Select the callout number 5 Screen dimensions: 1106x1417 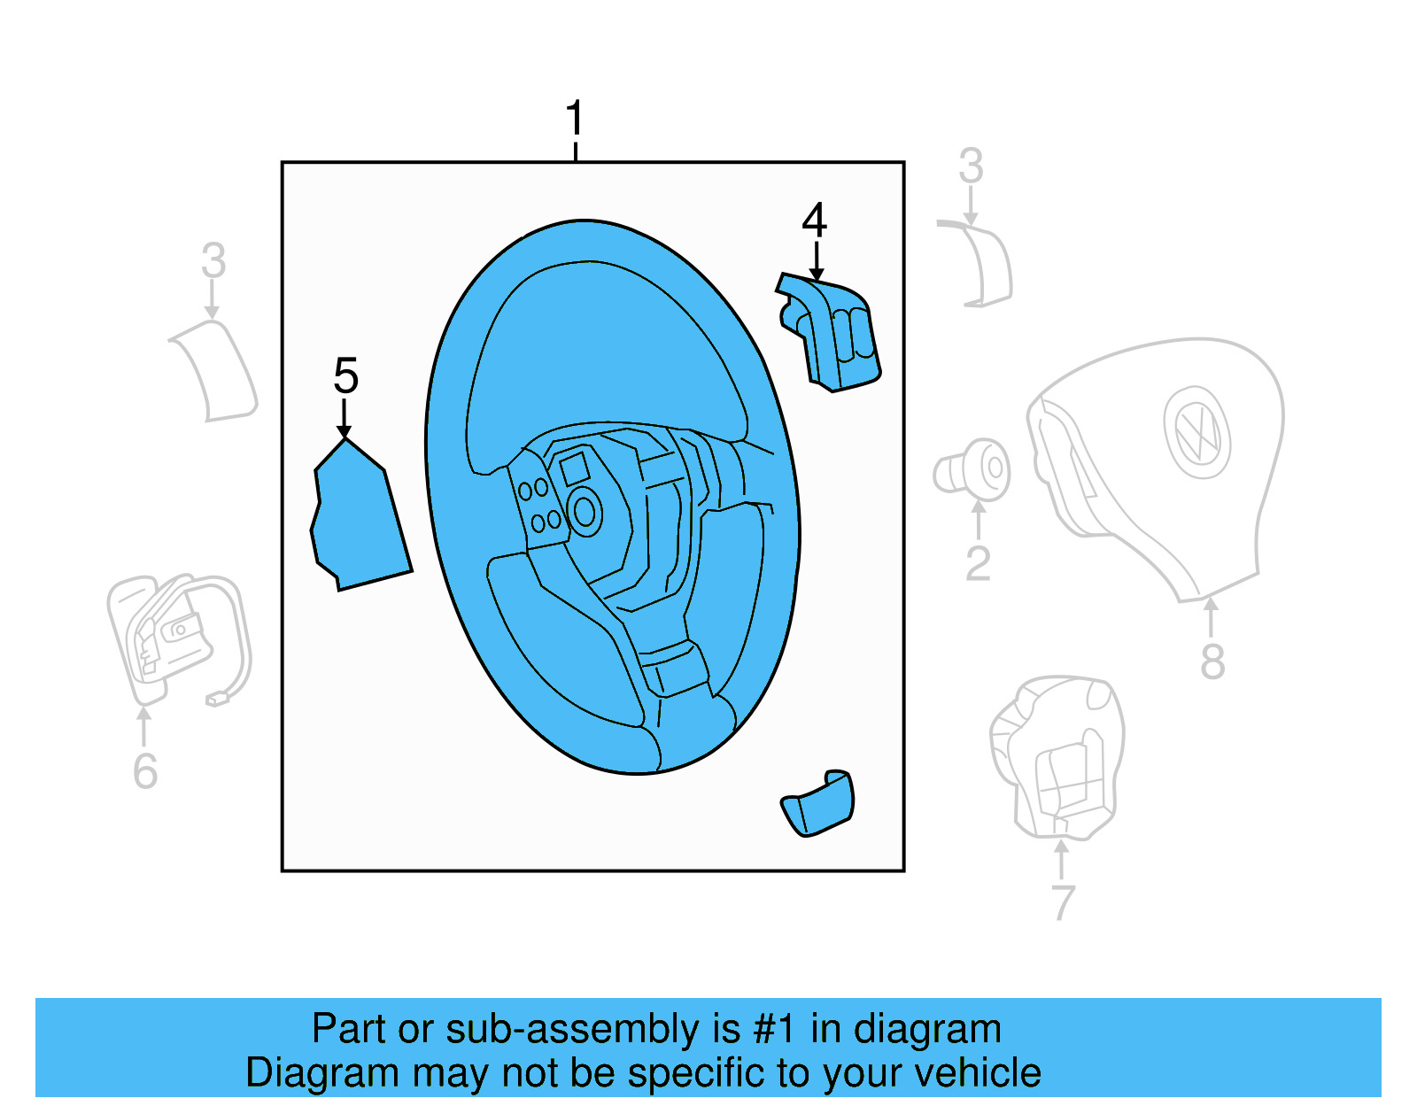(345, 375)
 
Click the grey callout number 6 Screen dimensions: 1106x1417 (145, 770)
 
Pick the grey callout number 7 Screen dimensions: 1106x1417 (1062, 901)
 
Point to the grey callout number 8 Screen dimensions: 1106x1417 (1212, 661)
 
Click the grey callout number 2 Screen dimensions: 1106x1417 (978, 563)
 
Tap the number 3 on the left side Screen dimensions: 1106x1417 (213, 260)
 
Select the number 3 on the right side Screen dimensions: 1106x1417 (971, 166)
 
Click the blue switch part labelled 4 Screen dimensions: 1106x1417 (832, 333)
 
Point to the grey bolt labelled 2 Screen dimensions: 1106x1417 (972, 469)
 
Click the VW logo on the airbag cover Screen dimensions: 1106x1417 (1197, 432)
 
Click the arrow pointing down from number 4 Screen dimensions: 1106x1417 (817, 263)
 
